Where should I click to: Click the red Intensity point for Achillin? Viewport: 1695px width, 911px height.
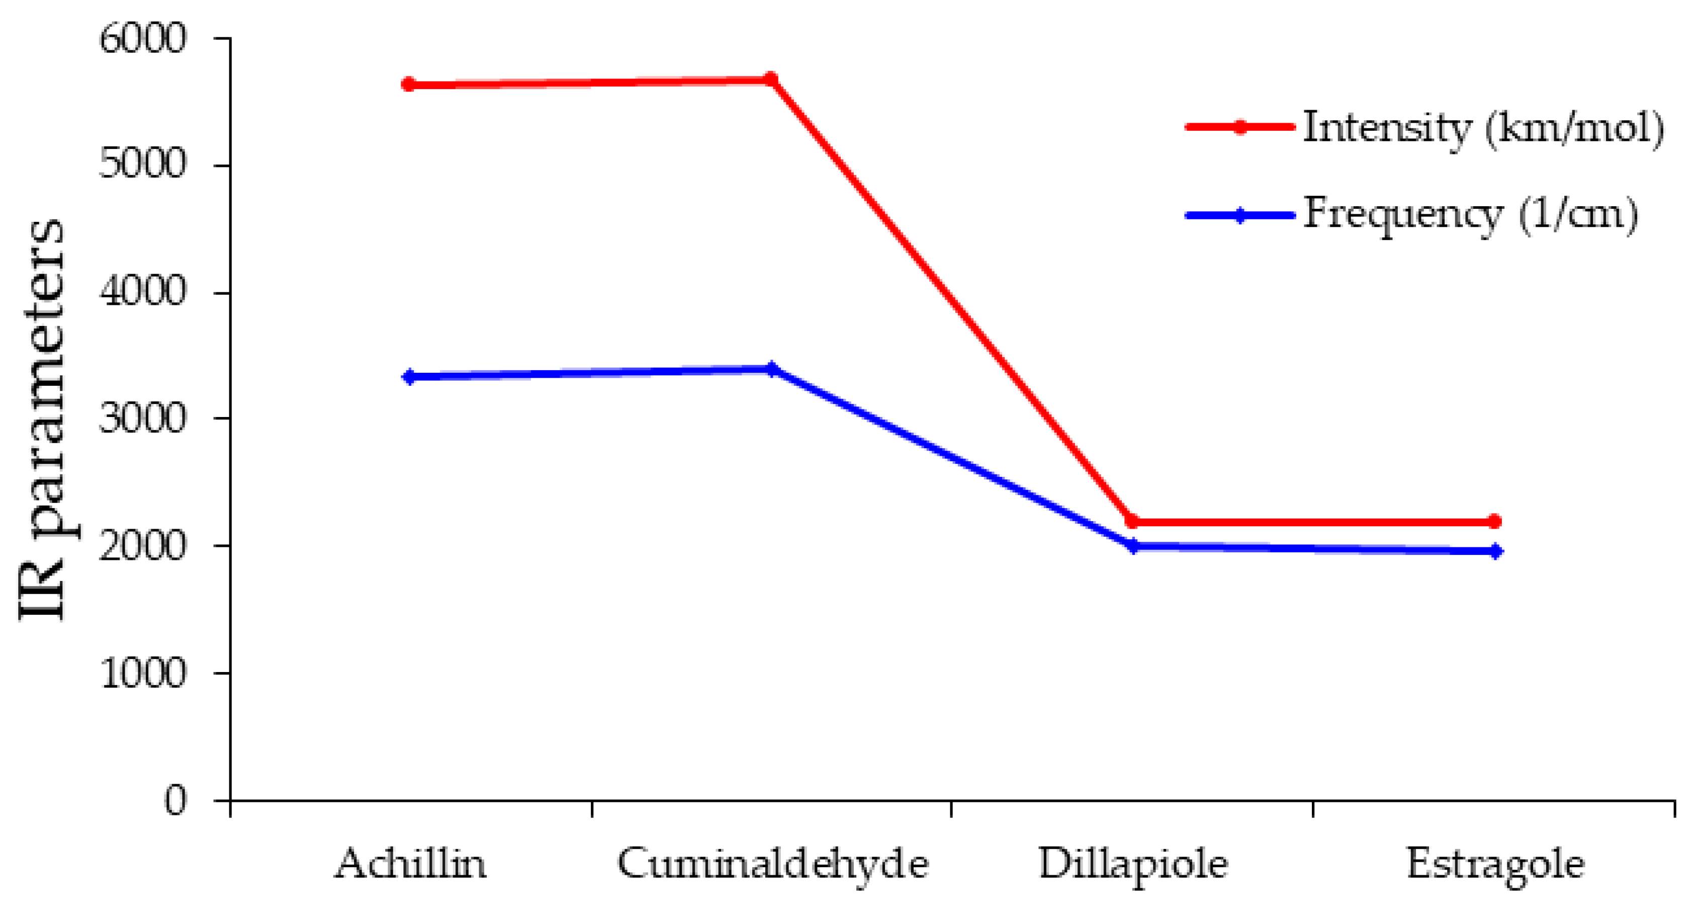pyautogui.click(x=409, y=84)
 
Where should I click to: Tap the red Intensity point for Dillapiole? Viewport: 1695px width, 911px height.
pyautogui.click(x=1132, y=522)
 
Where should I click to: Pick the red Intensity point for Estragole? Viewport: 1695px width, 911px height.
pyautogui.click(x=1494, y=521)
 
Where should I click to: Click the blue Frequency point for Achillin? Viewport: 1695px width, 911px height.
pyautogui.click(x=409, y=377)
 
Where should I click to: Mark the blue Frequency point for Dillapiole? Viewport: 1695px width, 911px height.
pyautogui.click(x=1133, y=546)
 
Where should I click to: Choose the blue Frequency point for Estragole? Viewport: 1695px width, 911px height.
pyautogui.click(x=1495, y=551)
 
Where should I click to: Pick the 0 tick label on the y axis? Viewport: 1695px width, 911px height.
pyautogui.click(x=175, y=801)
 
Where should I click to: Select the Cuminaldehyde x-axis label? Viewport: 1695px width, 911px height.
pyautogui.click(x=772, y=864)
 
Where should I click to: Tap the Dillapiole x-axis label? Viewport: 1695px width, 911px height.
pyautogui.click(x=1133, y=864)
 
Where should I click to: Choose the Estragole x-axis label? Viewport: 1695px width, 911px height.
pyautogui.click(x=1495, y=864)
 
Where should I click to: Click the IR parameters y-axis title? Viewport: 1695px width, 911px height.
pyautogui.click(x=41, y=420)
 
